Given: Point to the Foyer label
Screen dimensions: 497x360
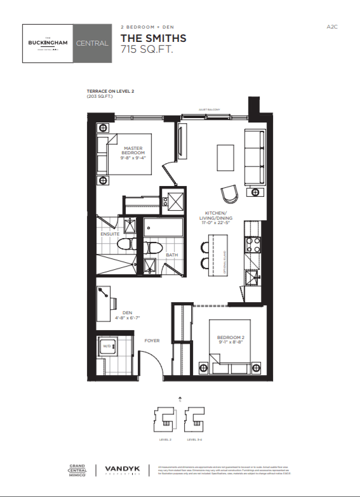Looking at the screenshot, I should tap(152, 341).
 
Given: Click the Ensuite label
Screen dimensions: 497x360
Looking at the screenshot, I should tap(109, 234).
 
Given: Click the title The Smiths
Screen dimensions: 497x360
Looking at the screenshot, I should tap(153, 39).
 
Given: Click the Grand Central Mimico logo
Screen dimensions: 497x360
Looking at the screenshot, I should tap(77, 470).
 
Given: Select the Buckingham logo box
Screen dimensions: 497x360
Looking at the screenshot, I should tap(48, 43).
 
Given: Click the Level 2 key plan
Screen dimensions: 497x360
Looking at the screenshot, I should tap(164, 420).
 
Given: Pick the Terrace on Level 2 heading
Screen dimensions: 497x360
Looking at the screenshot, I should tap(110, 91).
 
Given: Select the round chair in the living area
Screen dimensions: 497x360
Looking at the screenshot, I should tap(230, 193).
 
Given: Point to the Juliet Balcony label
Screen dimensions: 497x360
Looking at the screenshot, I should tap(209, 110).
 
